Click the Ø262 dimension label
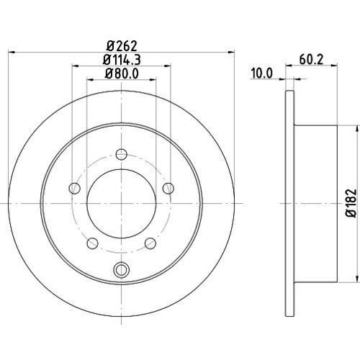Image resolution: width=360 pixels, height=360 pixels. [x=122, y=45]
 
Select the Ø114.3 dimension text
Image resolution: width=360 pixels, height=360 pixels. [x=122, y=60]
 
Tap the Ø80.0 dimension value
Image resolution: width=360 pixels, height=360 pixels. [x=122, y=73]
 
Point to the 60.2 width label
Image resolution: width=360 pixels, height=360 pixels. [x=311, y=59]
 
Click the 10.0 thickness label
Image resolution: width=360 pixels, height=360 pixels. [x=262, y=73]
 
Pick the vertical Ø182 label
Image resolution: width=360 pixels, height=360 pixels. [x=351, y=203]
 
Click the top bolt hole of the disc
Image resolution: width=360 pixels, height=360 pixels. [x=121, y=154]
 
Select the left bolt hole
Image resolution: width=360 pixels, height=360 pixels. [x=74, y=188]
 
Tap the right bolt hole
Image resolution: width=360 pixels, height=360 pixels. [x=168, y=188]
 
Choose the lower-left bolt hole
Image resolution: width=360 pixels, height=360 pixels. [x=92, y=243]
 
